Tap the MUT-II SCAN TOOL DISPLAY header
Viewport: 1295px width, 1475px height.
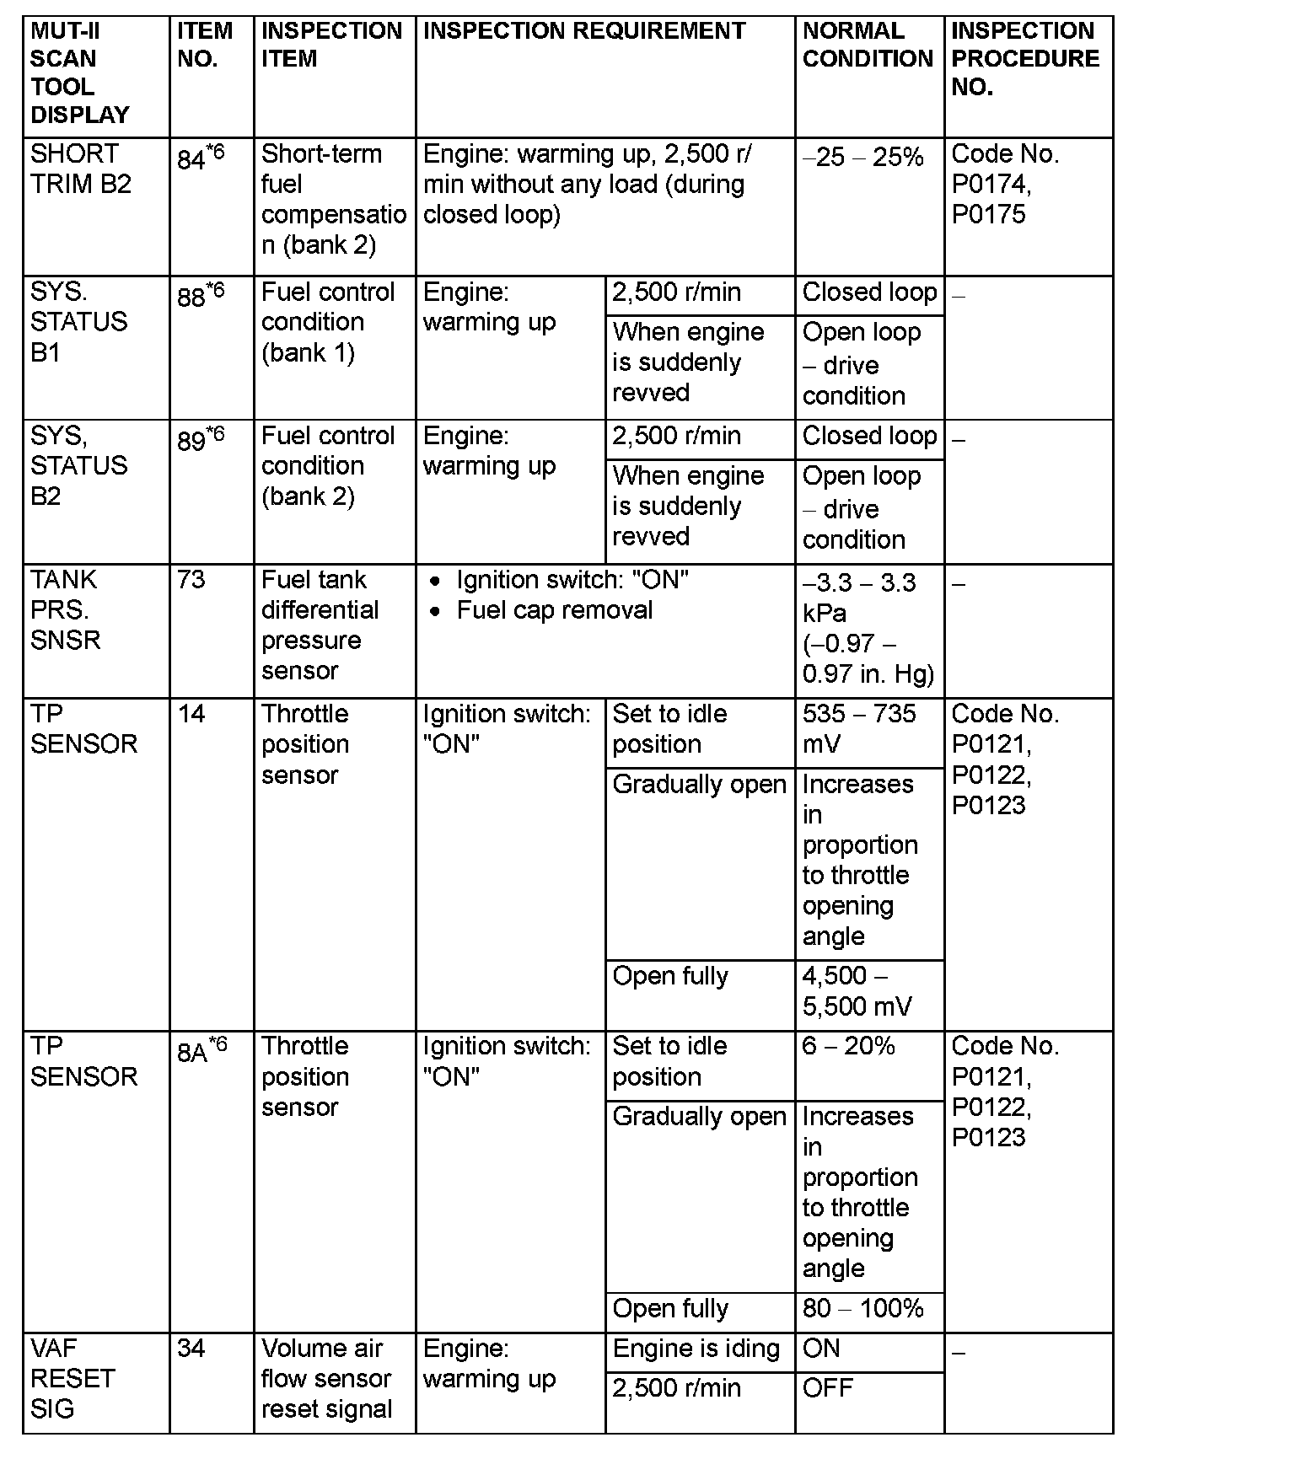80,72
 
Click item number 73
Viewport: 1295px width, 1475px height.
191,581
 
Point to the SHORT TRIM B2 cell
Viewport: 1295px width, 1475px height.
81,169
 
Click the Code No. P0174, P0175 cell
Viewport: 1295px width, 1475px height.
1005,184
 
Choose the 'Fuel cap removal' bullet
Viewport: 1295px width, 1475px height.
554,610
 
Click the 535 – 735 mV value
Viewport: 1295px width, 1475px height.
858,729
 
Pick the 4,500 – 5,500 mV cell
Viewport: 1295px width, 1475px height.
857,991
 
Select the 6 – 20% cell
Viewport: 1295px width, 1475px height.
848,1047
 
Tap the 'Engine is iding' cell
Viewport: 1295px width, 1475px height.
696,1349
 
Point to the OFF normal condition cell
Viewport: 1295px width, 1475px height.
828,1388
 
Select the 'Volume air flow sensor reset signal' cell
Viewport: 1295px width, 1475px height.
326,1378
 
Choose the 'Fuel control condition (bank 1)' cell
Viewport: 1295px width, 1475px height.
328,322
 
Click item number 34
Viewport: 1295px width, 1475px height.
191,1349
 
